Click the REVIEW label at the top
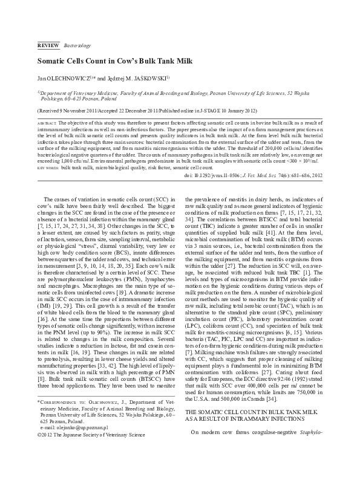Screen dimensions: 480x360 coord(47,46)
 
